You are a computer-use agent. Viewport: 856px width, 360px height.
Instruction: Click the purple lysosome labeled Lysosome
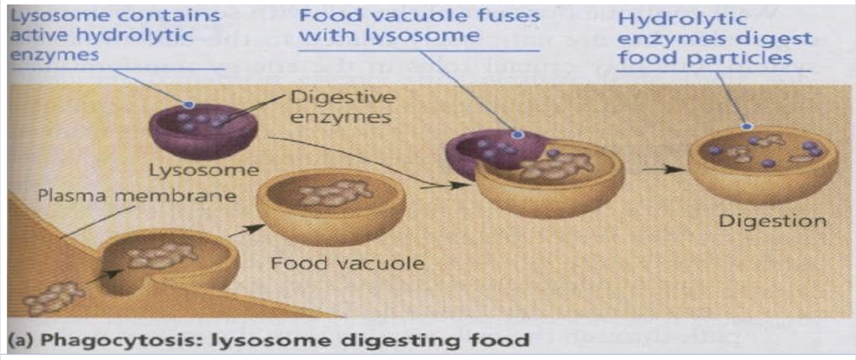(x=203, y=131)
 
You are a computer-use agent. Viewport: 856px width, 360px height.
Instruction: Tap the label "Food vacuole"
(x=347, y=263)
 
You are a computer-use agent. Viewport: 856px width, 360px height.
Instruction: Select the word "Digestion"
(x=772, y=221)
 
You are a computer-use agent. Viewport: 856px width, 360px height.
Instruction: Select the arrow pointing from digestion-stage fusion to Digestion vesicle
(x=661, y=169)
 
